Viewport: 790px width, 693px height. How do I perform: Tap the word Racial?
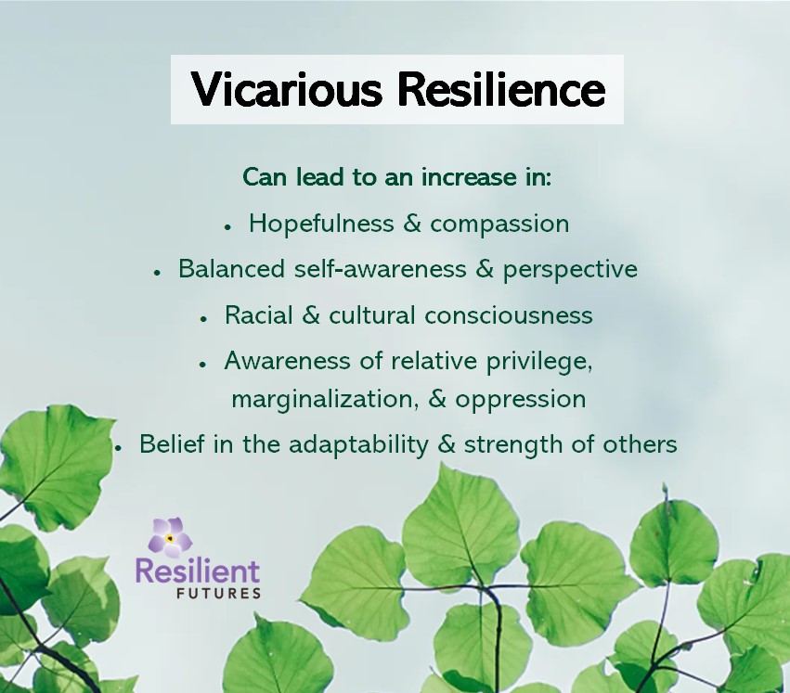point(257,315)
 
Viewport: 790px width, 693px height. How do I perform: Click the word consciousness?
point(509,315)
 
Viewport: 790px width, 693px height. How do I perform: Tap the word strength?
point(513,444)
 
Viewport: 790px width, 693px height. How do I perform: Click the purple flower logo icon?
point(170,537)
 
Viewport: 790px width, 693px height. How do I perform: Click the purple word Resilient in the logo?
point(198,571)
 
